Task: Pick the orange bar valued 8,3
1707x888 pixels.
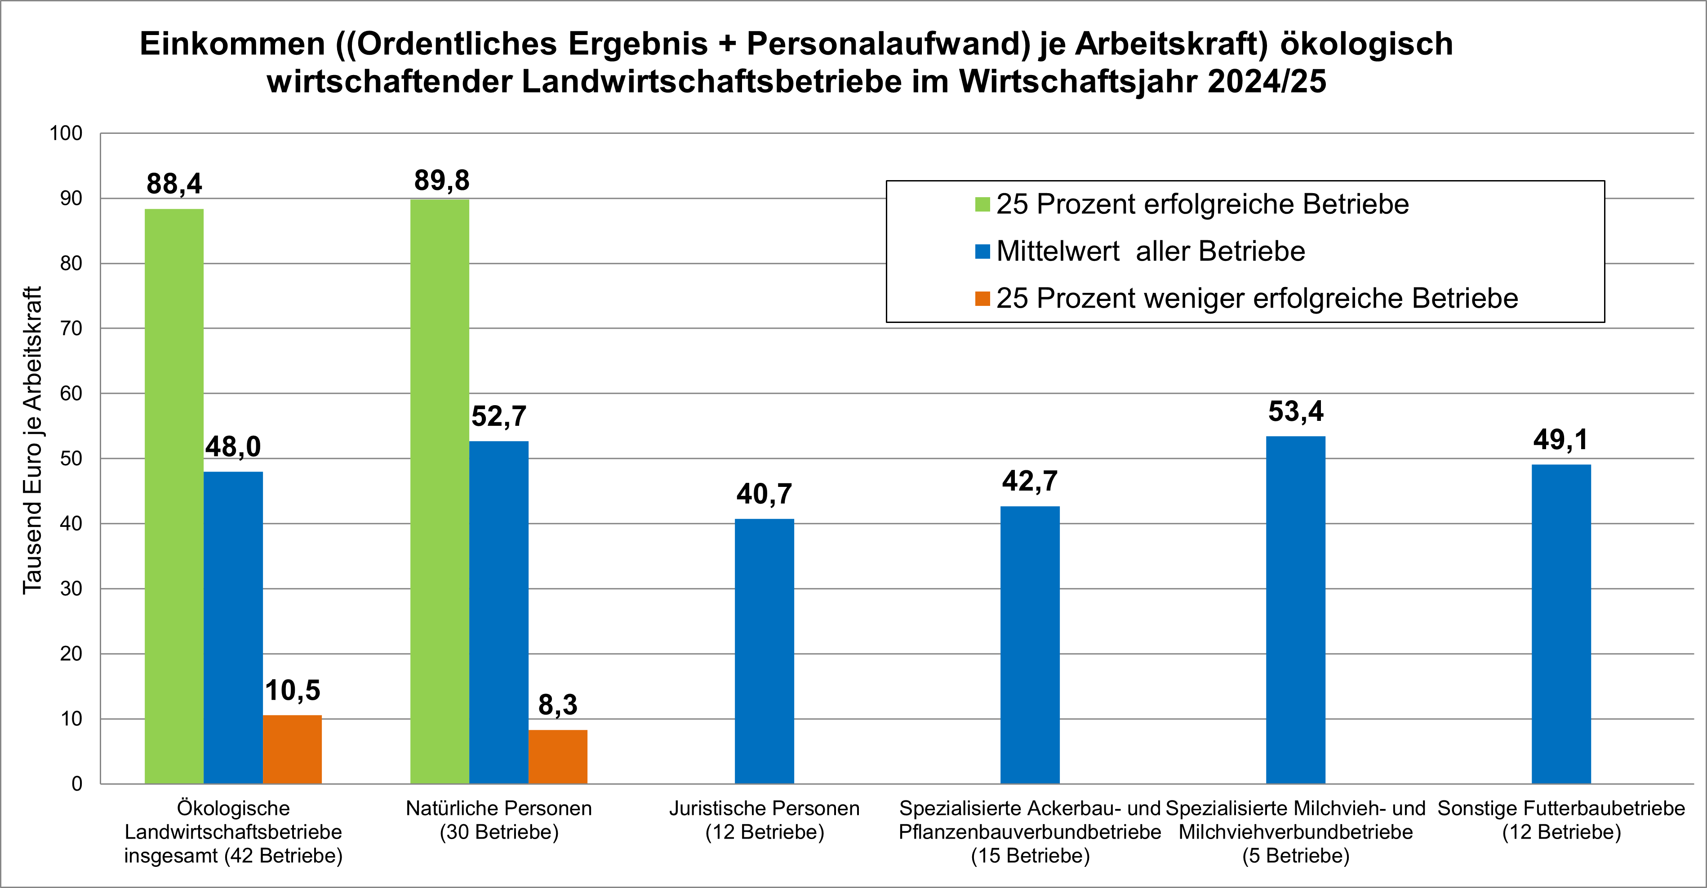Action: [557, 756]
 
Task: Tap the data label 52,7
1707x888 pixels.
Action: [498, 416]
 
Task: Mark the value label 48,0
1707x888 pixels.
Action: [233, 447]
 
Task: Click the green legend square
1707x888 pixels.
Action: [982, 205]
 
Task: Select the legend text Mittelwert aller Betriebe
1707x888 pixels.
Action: [1151, 252]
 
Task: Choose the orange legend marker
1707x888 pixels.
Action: [982, 299]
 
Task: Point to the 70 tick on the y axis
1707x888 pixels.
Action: [71, 328]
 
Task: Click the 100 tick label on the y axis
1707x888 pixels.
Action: [66, 133]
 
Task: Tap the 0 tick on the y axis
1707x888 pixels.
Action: [77, 784]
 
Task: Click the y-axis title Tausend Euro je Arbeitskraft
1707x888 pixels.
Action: [32, 440]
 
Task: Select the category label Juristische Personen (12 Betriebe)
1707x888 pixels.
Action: [764, 820]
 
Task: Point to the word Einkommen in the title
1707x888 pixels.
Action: [232, 44]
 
